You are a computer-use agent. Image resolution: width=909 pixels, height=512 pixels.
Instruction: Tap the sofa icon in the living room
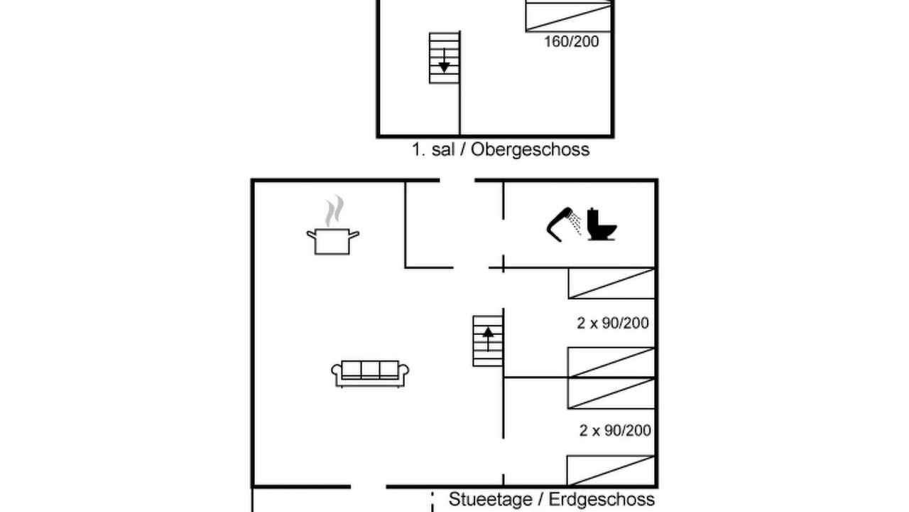pyautogui.click(x=370, y=373)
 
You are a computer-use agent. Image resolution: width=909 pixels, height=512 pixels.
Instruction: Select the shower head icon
pyautogui.click(x=564, y=225)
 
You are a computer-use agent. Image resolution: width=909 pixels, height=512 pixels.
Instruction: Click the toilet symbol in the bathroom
pyautogui.click(x=602, y=224)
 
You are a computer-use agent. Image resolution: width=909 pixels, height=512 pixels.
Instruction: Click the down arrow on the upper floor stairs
pyautogui.click(x=445, y=61)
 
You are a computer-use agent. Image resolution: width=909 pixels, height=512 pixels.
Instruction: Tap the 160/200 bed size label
pyautogui.click(x=572, y=42)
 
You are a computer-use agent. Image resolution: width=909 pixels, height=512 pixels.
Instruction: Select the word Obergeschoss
pyautogui.click(x=530, y=149)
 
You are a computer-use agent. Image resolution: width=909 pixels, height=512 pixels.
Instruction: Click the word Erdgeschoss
pyautogui.click(x=602, y=499)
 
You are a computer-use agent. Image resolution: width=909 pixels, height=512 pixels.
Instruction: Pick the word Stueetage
pyautogui.click(x=490, y=499)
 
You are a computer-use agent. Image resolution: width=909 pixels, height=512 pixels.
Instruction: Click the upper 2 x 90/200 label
pyautogui.click(x=613, y=323)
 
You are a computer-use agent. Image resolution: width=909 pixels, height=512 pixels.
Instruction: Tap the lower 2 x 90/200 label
pyautogui.click(x=615, y=430)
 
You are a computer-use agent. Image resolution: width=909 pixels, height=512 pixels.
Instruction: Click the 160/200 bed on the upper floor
pyautogui.click(x=569, y=16)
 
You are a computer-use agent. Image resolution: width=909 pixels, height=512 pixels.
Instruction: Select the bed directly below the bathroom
pyautogui.click(x=611, y=283)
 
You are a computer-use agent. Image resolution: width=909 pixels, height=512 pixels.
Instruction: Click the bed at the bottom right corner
pyautogui.click(x=611, y=471)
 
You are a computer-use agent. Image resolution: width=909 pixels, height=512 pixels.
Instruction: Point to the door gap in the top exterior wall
pyautogui.click(x=457, y=180)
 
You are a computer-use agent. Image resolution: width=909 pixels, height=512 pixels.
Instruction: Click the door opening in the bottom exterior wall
pyautogui.click(x=369, y=486)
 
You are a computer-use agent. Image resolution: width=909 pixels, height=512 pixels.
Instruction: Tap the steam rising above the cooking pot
pyautogui.click(x=334, y=211)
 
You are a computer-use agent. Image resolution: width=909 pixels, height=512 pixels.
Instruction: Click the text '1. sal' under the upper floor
pyautogui.click(x=432, y=149)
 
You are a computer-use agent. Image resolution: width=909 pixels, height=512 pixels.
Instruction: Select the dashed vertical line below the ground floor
pyautogui.click(x=432, y=502)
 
